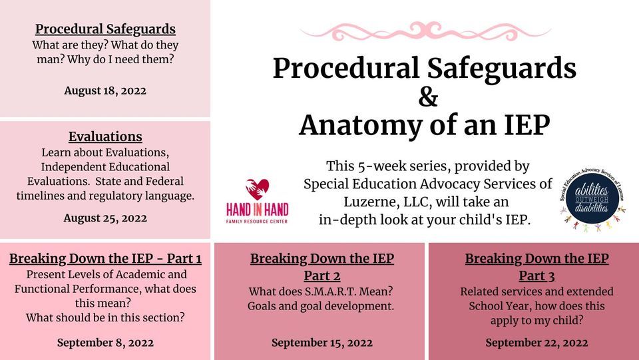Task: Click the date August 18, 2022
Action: tap(105, 90)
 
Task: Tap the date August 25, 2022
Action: tap(105, 218)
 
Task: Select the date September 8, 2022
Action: tap(105, 343)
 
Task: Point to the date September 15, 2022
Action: tap(322, 343)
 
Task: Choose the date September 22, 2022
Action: tap(536, 343)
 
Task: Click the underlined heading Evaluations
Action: tap(105, 136)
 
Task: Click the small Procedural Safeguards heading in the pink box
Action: tap(105, 29)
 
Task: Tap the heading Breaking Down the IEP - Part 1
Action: tap(105, 258)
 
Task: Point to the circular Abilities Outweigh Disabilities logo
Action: tap(592, 199)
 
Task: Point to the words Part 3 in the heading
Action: tap(536, 275)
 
